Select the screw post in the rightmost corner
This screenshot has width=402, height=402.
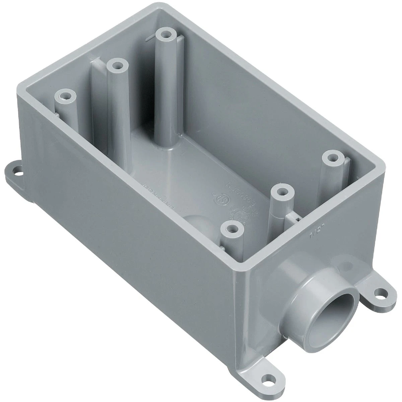coord(332,157)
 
